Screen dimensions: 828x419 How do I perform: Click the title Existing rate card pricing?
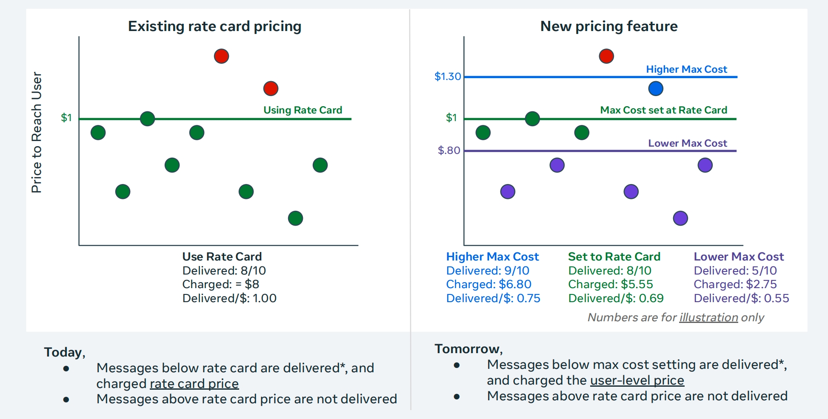pos(214,26)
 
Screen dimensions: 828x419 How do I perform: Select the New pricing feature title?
pos(609,26)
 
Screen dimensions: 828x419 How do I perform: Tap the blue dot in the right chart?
pos(656,88)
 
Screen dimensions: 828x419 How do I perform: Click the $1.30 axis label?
pos(448,76)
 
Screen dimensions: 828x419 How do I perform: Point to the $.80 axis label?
pos(449,150)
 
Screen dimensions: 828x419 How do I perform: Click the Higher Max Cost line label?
pos(686,69)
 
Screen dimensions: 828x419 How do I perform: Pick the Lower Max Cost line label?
pos(688,143)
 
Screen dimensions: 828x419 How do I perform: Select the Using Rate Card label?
pos(303,110)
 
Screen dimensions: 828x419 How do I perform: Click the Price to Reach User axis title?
pos(37,132)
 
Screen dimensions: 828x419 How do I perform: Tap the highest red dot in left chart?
pos(221,56)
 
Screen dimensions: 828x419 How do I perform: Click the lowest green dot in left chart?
pos(295,218)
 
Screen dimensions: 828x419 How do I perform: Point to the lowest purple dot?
pos(680,218)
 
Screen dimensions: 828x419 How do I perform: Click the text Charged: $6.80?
pos(488,284)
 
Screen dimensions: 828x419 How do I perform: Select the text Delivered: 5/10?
pos(735,271)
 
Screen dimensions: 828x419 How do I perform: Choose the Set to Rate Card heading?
pos(614,257)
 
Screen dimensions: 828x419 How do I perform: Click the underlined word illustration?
pos(708,317)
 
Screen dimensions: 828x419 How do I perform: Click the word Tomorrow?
pos(467,349)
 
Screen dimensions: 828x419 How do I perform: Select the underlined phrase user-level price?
pos(637,380)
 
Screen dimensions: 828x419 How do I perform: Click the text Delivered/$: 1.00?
pos(229,298)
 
